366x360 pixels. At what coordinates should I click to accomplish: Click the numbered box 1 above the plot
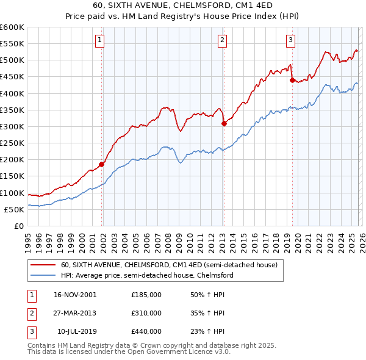[x=99, y=40]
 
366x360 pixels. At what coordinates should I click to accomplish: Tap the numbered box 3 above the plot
[x=290, y=40]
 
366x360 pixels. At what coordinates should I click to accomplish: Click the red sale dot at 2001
[x=102, y=164]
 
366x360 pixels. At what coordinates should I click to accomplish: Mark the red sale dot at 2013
[x=224, y=123]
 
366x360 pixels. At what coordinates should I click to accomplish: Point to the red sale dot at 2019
[x=292, y=80]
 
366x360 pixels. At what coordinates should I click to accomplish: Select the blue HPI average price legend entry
[x=147, y=275]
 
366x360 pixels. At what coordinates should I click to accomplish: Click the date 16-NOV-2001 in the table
[x=74, y=295]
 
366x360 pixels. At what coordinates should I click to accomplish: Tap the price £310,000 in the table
[x=146, y=313]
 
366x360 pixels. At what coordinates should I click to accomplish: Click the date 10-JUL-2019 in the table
[x=76, y=331]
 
